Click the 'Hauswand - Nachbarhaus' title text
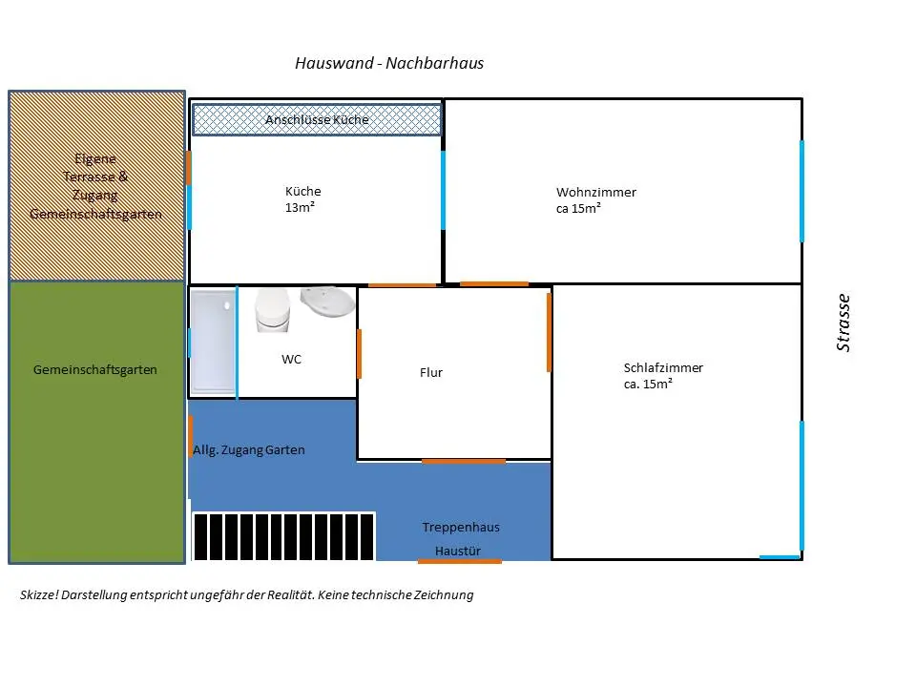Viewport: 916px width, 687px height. pyautogui.click(x=389, y=64)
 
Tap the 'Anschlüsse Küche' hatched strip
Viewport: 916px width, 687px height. pyautogui.click(x=317, y=119)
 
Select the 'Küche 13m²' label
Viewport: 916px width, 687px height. pyautogui.click(x=302, y=198)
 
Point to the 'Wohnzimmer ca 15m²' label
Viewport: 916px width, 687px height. pyautogui.click(x=595, y=199)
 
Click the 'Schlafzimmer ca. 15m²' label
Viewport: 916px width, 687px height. pyautogui.click(x=663, y=375)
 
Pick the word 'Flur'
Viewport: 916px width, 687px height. pyautogui.click(x=431, y=373)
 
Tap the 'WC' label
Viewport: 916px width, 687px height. pyautogui.click(x=291, y=360)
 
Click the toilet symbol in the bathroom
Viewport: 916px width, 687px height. pyautogui.click(x=273, y=311)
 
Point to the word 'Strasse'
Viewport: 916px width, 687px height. pyautogui.click(x=843, y=323)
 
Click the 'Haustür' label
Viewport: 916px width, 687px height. pyautogui.click(x=457, y=551)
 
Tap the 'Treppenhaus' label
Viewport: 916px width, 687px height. pyautogui.click(x=461, y=527)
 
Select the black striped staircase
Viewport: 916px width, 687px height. pyautogui.click(x=284, y=536)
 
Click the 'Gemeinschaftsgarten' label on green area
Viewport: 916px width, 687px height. pyautogui.click(x=94, y=369)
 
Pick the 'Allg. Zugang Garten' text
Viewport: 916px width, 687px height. pyautogui.click(x=249, y=449)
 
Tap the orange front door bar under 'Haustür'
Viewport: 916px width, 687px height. pyautogui.click(x=459, y=561)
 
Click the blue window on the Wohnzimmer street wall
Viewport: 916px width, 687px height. pyautogui.click(x=801, y=191)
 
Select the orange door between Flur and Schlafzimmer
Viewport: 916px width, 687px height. pyautogui.click(x=550, y=332)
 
